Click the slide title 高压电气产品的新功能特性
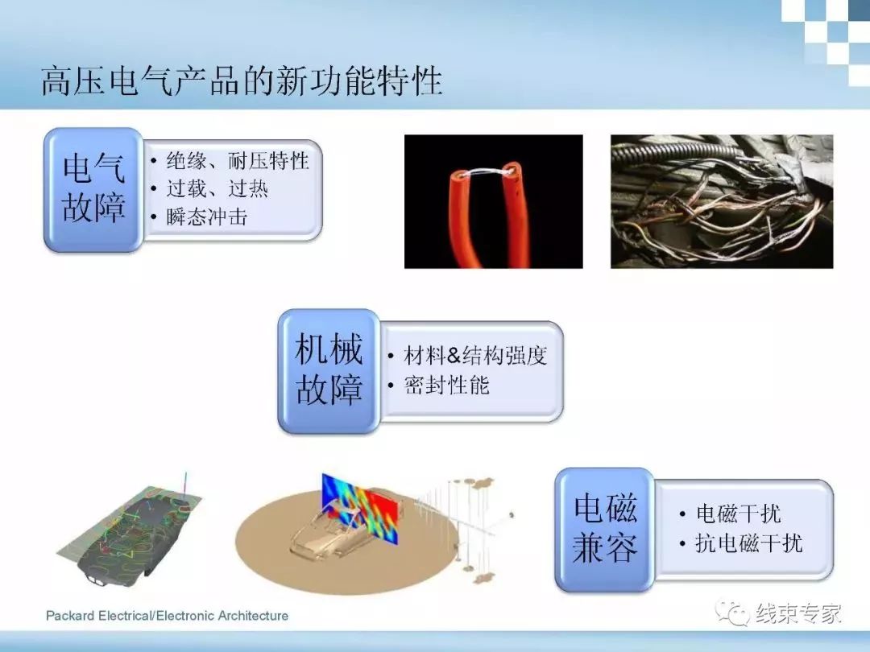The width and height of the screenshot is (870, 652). click(x=242, y=81)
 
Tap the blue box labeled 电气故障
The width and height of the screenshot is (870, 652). click(x=93, y=190)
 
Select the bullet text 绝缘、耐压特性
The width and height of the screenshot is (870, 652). click(x=238, y=161)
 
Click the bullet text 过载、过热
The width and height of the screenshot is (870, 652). click(x=217, y=188)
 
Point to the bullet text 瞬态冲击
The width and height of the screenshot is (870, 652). click(x=206, y=217)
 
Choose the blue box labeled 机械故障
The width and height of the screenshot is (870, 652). click(x=329, y=370)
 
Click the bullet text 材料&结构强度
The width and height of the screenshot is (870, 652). click(x=475, y=356)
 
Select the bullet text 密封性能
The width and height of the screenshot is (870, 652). click(x=446, y=385)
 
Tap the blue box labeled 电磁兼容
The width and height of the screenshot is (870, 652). click(x=605, y=530)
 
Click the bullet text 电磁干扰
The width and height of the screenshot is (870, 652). click(x=739, y=514)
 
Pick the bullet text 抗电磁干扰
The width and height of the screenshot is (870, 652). click(x=749, y=543)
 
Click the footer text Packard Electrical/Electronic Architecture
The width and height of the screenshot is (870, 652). click(x=167, y=616)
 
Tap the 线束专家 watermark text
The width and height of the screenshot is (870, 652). click(x=798, y=613)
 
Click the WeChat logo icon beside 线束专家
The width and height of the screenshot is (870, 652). click(x=733, y=613)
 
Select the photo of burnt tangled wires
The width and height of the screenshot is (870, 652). click(x=722, y=202)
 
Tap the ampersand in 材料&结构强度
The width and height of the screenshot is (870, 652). click(x=454, y=356)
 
